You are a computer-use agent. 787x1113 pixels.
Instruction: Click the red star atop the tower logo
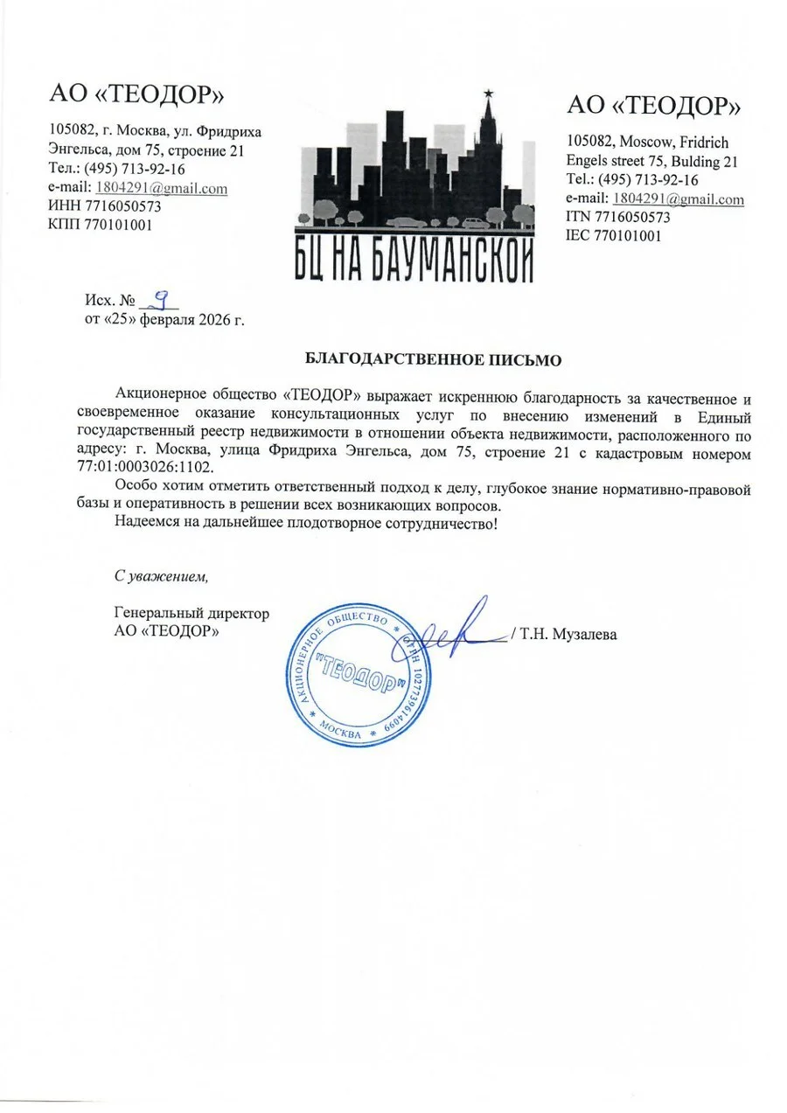[x=486, y=91]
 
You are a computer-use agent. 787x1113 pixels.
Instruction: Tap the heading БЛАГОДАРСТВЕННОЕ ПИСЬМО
[x=432, y=359]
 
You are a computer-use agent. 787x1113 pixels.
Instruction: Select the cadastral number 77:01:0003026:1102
[x=140, y=468]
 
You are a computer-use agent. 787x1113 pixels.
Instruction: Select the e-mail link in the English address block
[x=679, y=199]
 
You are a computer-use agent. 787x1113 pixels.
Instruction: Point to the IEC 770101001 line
[x=614, y=234]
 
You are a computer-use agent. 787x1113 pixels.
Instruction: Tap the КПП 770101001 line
[x=102, y=224]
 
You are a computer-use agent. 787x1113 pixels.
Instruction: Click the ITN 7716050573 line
[x=618, y=217]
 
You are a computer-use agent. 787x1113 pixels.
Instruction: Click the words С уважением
[x=162, y=576]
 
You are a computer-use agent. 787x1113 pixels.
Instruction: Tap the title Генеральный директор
[x=192, y=614]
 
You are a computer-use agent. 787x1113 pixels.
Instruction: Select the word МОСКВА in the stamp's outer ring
[x=341, y=732]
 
